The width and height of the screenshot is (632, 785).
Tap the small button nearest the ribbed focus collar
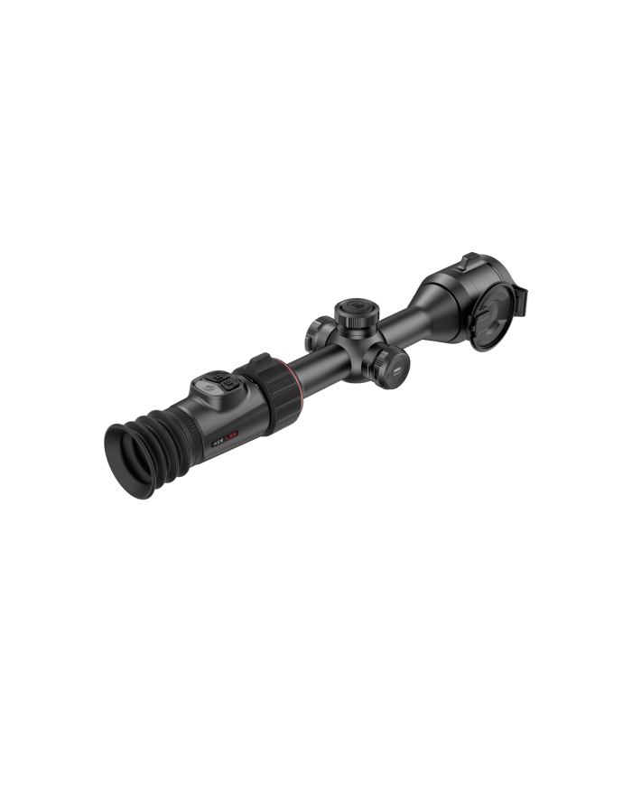(230, 383)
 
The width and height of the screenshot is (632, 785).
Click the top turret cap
(354, 312)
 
